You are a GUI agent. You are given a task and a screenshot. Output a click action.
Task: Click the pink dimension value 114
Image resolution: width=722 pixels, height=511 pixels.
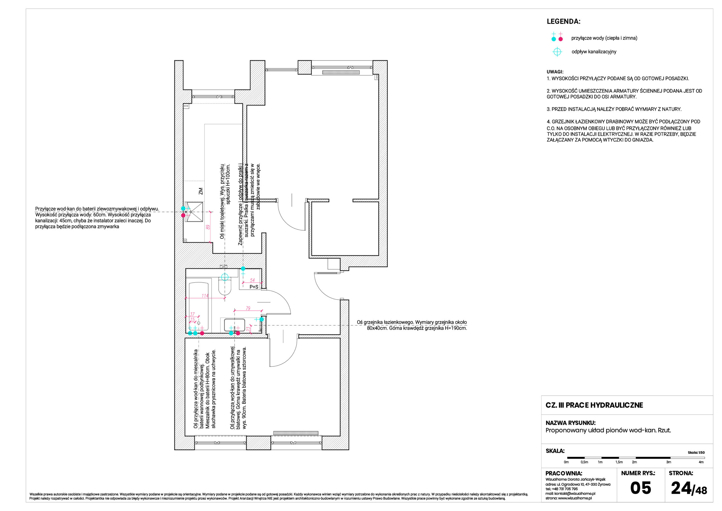tap(205, 296)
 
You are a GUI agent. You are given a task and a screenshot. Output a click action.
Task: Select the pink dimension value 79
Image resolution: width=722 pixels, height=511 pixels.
tap(248, 308)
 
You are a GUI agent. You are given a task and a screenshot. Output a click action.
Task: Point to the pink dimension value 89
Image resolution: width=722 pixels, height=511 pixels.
tap(208, 227)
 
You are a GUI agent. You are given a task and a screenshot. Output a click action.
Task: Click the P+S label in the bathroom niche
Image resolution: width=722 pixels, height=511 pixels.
tap(254, 287)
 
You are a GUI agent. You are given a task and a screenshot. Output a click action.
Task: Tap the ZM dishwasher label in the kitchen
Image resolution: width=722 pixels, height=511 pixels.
tap(201, 191)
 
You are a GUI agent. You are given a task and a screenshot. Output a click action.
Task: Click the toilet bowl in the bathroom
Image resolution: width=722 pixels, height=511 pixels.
tap(225, 287)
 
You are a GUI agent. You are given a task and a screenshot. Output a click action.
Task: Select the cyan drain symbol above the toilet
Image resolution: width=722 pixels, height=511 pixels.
tap(224, 277)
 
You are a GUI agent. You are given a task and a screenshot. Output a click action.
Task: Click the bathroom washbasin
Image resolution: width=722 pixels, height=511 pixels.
tap(234, 325)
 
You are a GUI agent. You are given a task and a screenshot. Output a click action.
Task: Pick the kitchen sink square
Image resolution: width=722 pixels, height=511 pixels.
tap(194, 212)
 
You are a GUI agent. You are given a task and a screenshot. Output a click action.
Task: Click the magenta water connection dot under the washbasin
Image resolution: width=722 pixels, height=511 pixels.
tap(238, 333)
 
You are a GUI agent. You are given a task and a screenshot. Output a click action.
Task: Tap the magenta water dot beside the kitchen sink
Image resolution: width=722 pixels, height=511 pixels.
tap(183, 215)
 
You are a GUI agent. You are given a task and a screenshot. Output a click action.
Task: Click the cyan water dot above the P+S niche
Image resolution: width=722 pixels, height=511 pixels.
tap(243, 268)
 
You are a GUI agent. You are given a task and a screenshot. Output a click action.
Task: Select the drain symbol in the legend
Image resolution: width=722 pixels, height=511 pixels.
tap(557, 52)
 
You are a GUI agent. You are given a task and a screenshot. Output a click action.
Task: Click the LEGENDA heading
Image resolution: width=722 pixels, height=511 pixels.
tap(563, 21)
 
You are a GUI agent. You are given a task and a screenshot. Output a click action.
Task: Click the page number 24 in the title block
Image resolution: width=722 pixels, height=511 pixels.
tap(681, 488)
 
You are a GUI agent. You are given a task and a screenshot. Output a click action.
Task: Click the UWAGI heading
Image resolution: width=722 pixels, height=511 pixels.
tap(555, 72)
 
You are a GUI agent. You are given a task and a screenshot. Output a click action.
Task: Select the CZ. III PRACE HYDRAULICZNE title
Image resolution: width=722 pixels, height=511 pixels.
tap(594, 405)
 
